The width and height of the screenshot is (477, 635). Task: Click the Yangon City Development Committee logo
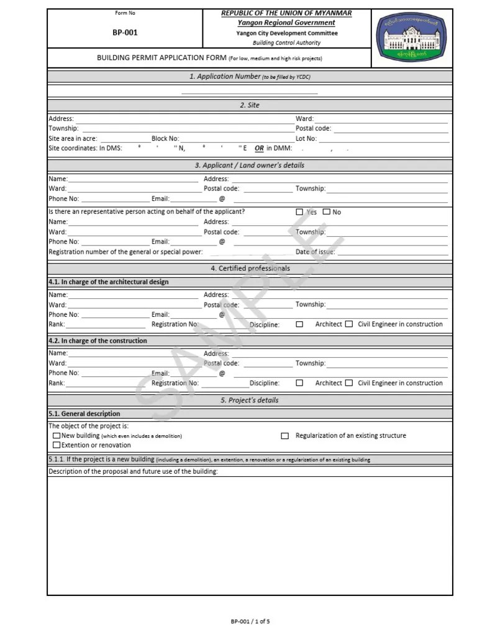(412, 38)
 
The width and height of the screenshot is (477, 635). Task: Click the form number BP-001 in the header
(125, 33)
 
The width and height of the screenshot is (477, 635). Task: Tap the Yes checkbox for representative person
(299, 212)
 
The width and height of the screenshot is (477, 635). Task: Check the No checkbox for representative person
(327, 212)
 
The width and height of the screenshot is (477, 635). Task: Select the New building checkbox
(57, 436)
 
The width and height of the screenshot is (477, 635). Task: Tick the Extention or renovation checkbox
(57, 445)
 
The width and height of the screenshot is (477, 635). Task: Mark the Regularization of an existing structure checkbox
(285, 436)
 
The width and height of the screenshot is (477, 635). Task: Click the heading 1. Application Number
(250, 77)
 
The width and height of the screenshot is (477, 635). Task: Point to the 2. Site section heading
(250, 105)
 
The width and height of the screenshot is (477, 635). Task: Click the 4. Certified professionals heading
(250, 269)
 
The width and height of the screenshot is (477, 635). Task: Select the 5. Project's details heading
(250, 401)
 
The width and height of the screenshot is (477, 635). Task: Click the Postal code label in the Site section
(313, 129)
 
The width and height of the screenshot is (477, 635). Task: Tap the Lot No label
(306, 139)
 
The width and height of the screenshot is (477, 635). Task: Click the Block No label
(165, 139)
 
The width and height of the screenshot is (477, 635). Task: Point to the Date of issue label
(315, 252)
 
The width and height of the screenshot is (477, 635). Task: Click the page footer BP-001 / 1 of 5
(250, 621)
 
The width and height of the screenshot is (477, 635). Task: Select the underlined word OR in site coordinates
(259, 149)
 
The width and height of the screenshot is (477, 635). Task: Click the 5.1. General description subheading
(84, 414)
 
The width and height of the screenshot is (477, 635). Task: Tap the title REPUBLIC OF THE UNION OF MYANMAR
(286, 13)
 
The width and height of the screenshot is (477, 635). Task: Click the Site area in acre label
(73, 139)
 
